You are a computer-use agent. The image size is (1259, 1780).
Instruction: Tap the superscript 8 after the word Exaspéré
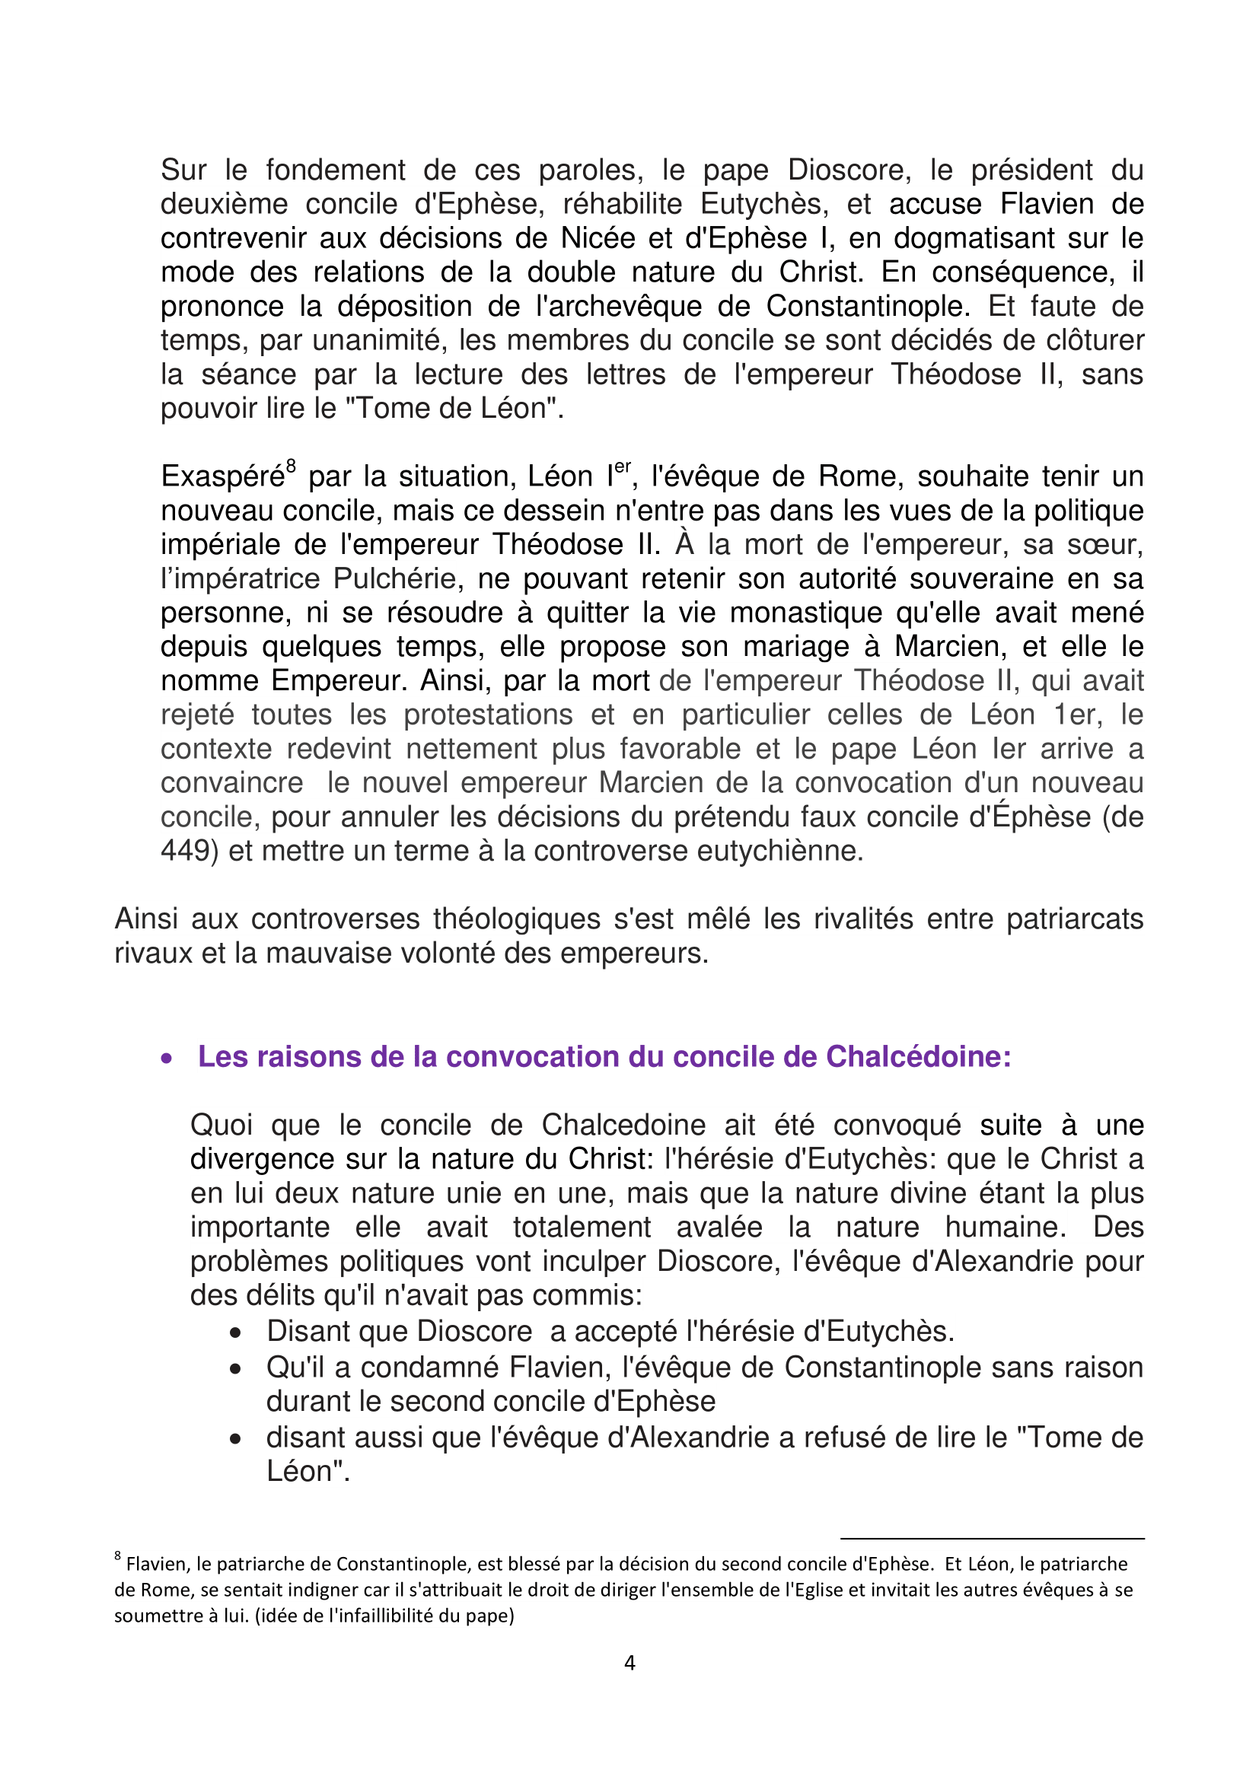[x=291, y=466]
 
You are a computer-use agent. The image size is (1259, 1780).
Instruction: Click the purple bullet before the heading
[x=167, y=1059]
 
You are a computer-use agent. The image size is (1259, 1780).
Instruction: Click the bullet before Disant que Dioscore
[x=237, y=1333]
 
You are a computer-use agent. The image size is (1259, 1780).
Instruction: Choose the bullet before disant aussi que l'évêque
[x=237, y=1440]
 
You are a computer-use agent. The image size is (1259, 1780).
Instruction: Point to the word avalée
[x=719, y=1228]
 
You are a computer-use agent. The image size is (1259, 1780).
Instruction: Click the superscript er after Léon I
[x=623, y=466]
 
